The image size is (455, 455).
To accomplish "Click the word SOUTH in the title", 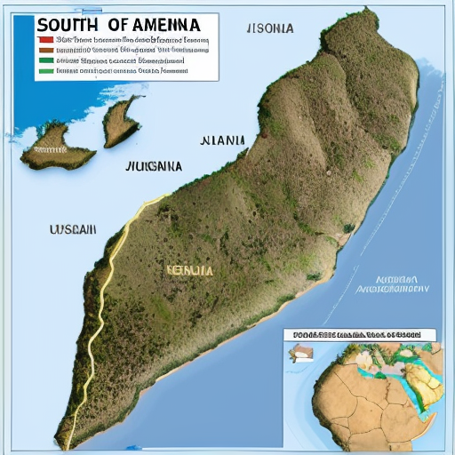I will click(x=67, y=24).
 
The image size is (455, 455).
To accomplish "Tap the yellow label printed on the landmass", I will click(x=188, y=268).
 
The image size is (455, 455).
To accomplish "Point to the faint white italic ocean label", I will click(x=392, y=283).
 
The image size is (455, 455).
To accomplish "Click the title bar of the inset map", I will click(x=359, y=335).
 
